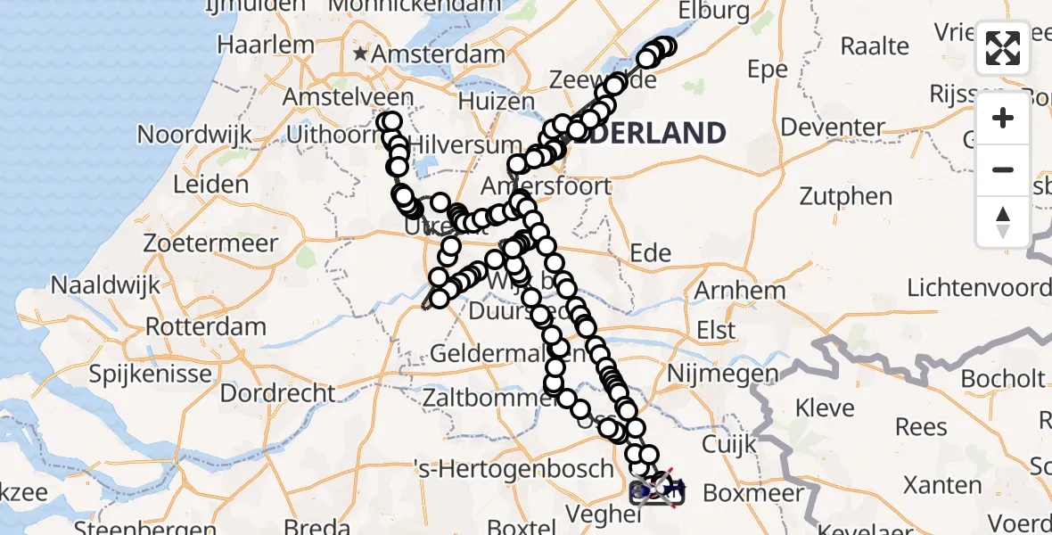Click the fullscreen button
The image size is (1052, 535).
click(1003, 48)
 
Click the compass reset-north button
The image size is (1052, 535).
click(1003, 222)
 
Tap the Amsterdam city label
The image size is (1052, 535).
click(439, 54)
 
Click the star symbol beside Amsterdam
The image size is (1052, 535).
click(360, 54)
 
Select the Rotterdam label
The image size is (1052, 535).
click(205, 325)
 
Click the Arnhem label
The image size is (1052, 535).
click(740, 290)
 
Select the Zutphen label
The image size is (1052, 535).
click(845, 196)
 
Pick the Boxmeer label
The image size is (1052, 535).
click(753, 492)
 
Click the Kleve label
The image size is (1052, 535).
click(825, 408)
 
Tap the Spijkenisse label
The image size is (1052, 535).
click(150, 373)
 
